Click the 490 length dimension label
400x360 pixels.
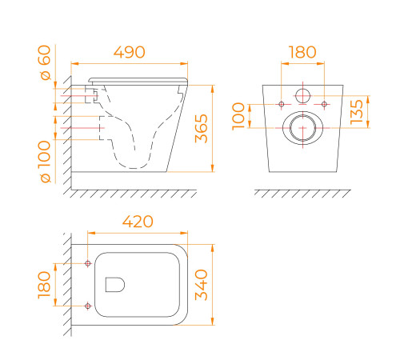tap(130, 52)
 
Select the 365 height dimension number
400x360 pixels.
tap(202, 129)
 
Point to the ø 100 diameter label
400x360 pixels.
tap(45, 162)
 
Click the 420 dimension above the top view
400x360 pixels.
tap(138, 222)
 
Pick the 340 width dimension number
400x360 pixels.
tap(202, 285)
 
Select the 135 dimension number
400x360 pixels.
tap(357, 112)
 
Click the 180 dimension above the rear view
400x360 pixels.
tap(302, 52)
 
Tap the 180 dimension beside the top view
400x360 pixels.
tap(44, 285)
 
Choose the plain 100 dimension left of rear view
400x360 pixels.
tap(238, 116)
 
